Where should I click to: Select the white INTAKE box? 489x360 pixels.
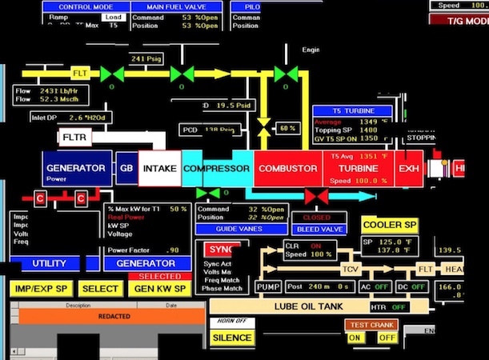(x=159, y=169)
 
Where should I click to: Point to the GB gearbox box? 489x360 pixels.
(x=126, y=169)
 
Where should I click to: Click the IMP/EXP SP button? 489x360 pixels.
(x=40, y=288)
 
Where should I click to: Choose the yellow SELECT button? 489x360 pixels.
(x=100, y=288)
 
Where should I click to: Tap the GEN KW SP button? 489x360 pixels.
(x=159, y=288)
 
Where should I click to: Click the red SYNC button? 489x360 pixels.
(x=221, y=250)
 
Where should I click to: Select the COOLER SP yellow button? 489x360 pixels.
(x=390, y=225)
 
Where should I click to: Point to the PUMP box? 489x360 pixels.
(x=267, y=286)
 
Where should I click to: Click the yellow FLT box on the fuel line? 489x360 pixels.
(x=80, y=74)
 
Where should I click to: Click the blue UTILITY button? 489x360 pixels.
(x=49, y=263)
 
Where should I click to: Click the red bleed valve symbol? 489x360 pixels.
(x=317, y=195)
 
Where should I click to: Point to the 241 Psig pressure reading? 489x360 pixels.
(x=147, y=59)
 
